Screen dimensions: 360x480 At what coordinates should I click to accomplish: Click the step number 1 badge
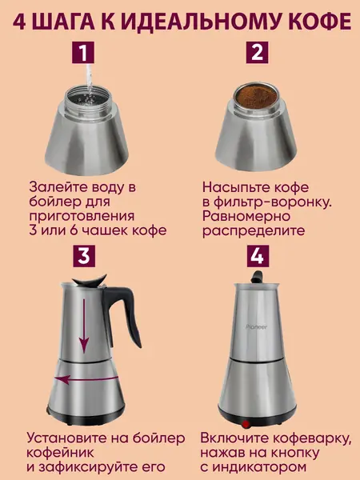(83, 53)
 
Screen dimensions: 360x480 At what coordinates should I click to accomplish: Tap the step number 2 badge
(257, 53)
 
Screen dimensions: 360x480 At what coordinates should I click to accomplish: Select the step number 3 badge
(84, 256)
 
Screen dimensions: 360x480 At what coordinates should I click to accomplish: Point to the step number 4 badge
(257, 256)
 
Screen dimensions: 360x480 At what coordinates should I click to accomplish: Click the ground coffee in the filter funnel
(256, 97)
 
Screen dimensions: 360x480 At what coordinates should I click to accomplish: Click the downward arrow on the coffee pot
(83, 326)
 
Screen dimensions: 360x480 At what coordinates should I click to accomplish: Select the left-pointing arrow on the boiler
(86, 379)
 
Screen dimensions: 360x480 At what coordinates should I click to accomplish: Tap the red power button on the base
(246, 424)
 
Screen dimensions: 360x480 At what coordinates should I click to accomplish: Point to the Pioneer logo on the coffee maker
(256, 327)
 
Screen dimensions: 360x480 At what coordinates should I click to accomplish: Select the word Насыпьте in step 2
(234, 188)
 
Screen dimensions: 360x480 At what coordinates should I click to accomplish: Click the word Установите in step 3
(66, 438)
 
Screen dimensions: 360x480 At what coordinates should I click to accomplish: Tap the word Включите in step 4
(234, 438)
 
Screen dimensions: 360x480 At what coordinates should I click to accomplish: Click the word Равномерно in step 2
(246, 217)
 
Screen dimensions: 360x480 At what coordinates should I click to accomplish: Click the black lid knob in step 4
(257, 277)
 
